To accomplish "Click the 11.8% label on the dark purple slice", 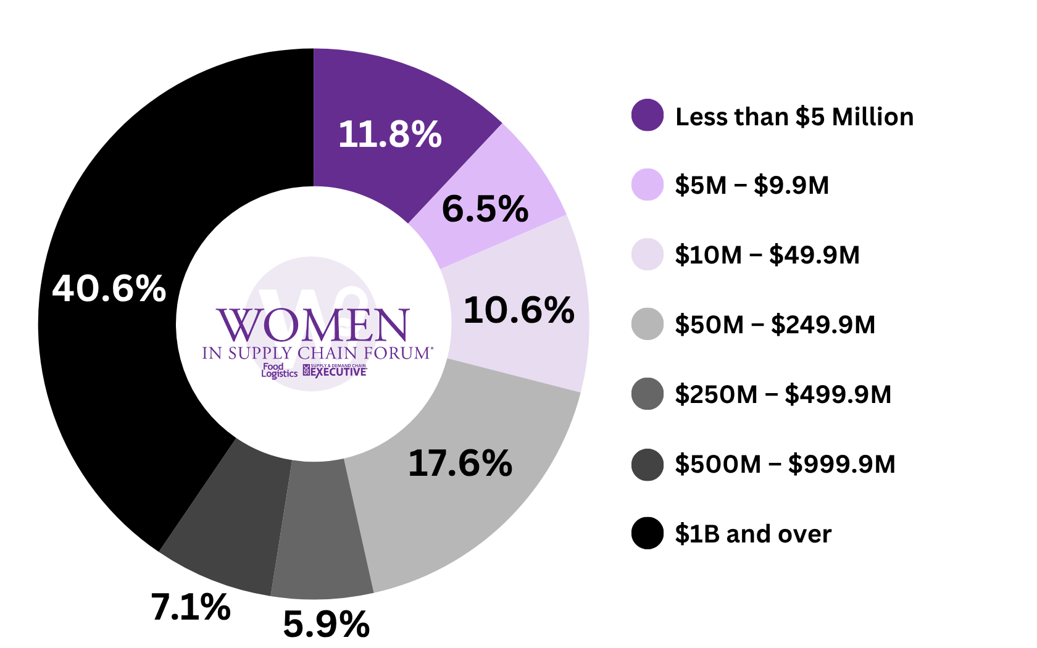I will pyautogui.click(x=389, y=134).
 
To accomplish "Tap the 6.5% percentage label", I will pyautogui.click(x=485, y=209).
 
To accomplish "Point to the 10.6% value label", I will pyautogui.click(x=518, y=310).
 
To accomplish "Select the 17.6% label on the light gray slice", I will pyautogui.click(x=460, y=463).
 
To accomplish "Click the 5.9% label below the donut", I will pyautogui.click(x=326, y=625).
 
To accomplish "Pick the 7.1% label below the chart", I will pyautogui.click(x=191, y=607).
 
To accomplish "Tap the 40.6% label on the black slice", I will pyautogui.click(x=109, y=288).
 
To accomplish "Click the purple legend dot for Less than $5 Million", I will pyautogui.click(x=648, y=115).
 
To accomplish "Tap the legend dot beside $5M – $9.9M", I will pyautogui.click(x=648, y=185).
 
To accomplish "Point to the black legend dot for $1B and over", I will pyautogui.click(x=648, y=533).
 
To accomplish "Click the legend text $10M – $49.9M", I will pyautogui.click(x=767, y=255).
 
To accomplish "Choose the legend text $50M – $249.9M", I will pyautogui.click(x=775, y=325).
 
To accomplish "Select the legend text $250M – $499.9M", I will pyautogui.click(x=783, y=394).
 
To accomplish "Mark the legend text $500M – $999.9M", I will pyautogui.click(x=785, y=464).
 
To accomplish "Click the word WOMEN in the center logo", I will pyautogui.click(x=313, y=325).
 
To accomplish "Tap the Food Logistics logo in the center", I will pyautogui.click(x=279, y=370).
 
